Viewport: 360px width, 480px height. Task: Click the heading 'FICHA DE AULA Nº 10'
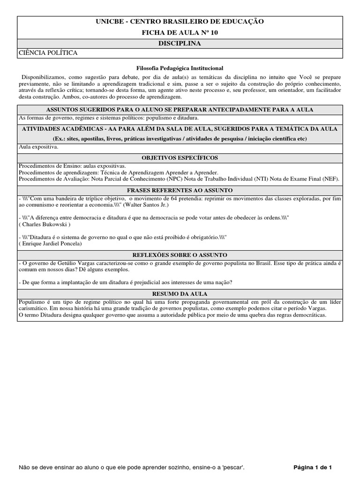pos(180,32)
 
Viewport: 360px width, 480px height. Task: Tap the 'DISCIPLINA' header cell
pos(180,44)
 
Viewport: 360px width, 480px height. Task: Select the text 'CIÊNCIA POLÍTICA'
pos(48,53)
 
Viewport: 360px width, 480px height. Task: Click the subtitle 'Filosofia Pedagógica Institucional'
pos(180,68)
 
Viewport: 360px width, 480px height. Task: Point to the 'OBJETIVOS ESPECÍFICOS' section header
pos(180,158)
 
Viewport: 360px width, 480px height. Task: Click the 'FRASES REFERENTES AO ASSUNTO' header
pos(180,190)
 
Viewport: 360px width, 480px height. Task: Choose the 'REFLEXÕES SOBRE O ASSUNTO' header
pos(180,255)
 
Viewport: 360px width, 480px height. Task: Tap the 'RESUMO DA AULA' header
pos(180,293)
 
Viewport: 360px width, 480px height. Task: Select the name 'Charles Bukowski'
pos(44,224)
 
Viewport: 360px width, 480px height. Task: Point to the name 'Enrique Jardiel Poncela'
pos(50,244)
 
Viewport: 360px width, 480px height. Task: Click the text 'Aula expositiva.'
pos(38,147)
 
